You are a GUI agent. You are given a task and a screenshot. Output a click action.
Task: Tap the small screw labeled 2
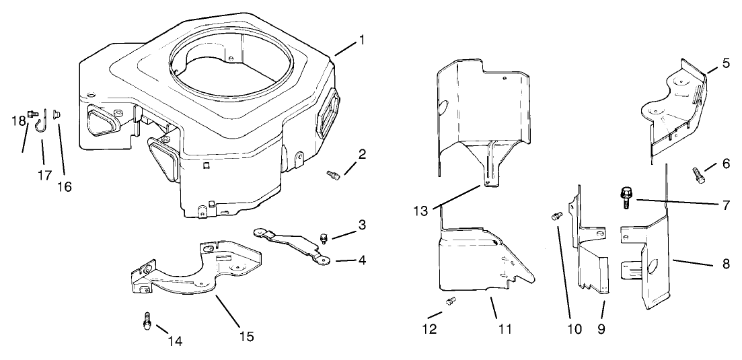(x=331, y=176)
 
